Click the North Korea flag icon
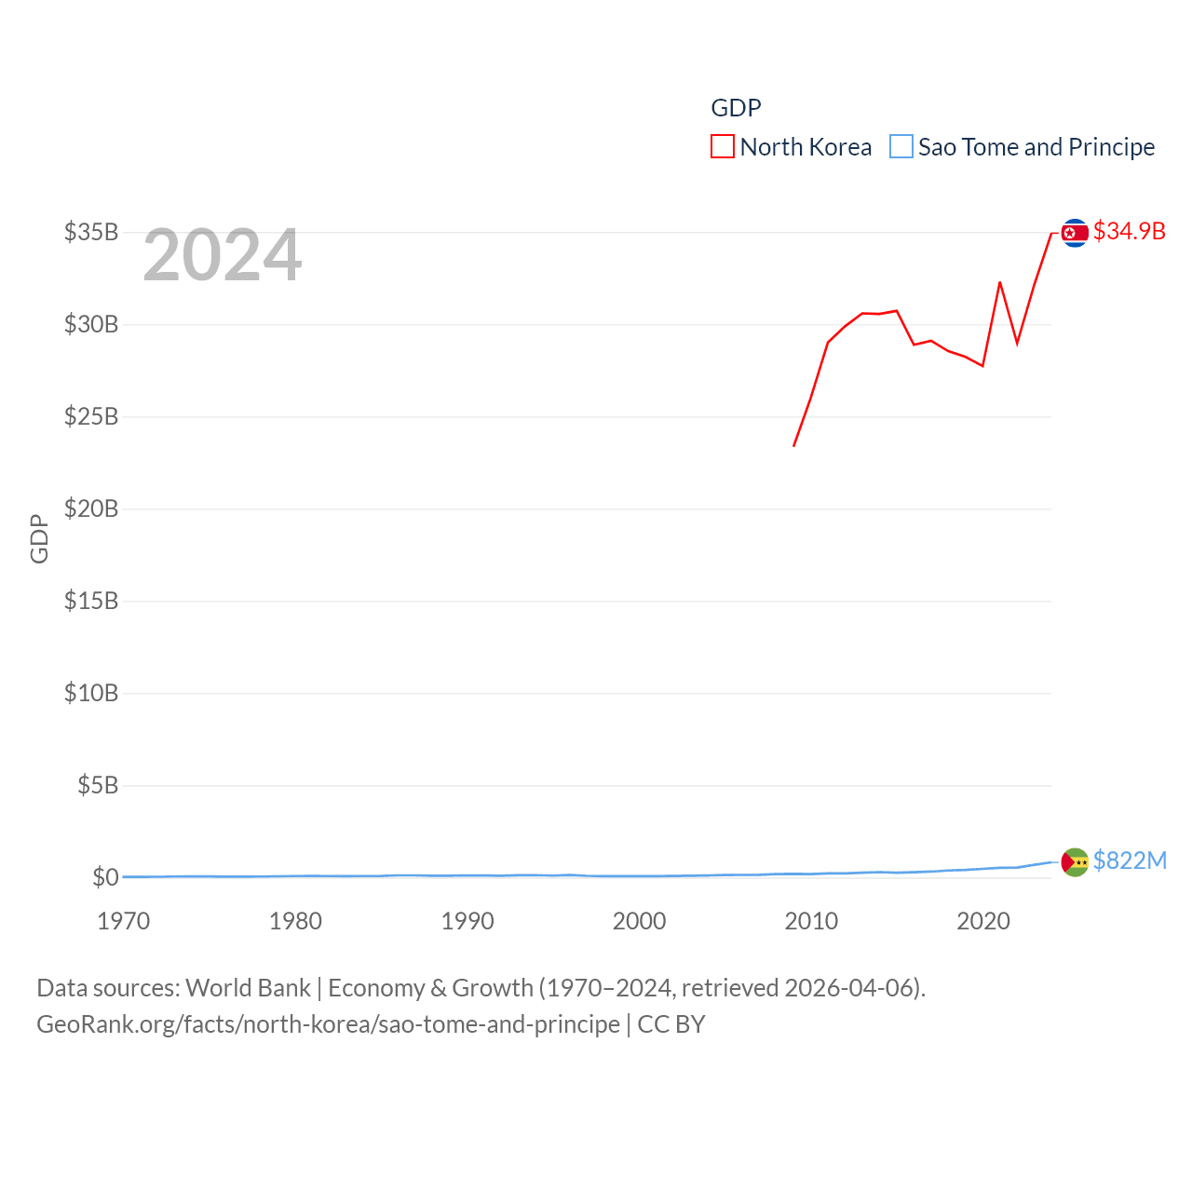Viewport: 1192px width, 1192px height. (x=1075, y=232)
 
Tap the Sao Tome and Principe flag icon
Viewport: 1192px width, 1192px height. (x=1075, y=862)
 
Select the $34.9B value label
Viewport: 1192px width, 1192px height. (x=1129, y=231)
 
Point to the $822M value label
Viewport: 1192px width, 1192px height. (x=1130, y=860)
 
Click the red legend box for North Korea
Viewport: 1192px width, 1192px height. (x=722, y=147)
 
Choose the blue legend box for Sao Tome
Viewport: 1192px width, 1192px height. (x=901, y=147)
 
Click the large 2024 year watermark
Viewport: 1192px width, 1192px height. (x=222, y=255)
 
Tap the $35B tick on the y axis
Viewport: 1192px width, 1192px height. (x=91, y=232)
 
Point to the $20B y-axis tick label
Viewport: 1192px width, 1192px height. (x=91, y=508)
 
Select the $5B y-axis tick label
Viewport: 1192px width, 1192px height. (x=98, y=785)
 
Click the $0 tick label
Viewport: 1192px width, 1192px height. (x=105, y=877)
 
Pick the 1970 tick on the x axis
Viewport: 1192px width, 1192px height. (x=124, y=921)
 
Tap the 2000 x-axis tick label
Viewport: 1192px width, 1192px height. (x=639, y=921)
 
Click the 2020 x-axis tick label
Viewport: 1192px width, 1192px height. (x=983, y=921)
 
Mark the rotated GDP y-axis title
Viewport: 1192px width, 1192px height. (x=39, y=538)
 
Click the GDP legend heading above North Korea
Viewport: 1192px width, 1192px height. (x=736, y=108)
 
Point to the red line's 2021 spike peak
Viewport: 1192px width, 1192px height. (x=1000, y=281)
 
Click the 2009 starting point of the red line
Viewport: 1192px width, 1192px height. (x=794, y=445)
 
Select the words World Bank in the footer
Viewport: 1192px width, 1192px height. (x=248, y=987)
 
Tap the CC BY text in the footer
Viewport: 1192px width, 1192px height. (x=670, y=1024)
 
